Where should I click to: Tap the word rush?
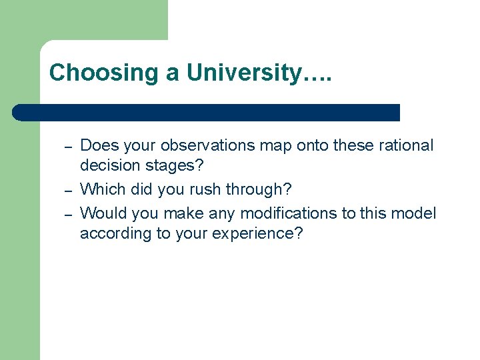tap(204, 190)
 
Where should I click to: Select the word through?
tap(258, 190)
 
